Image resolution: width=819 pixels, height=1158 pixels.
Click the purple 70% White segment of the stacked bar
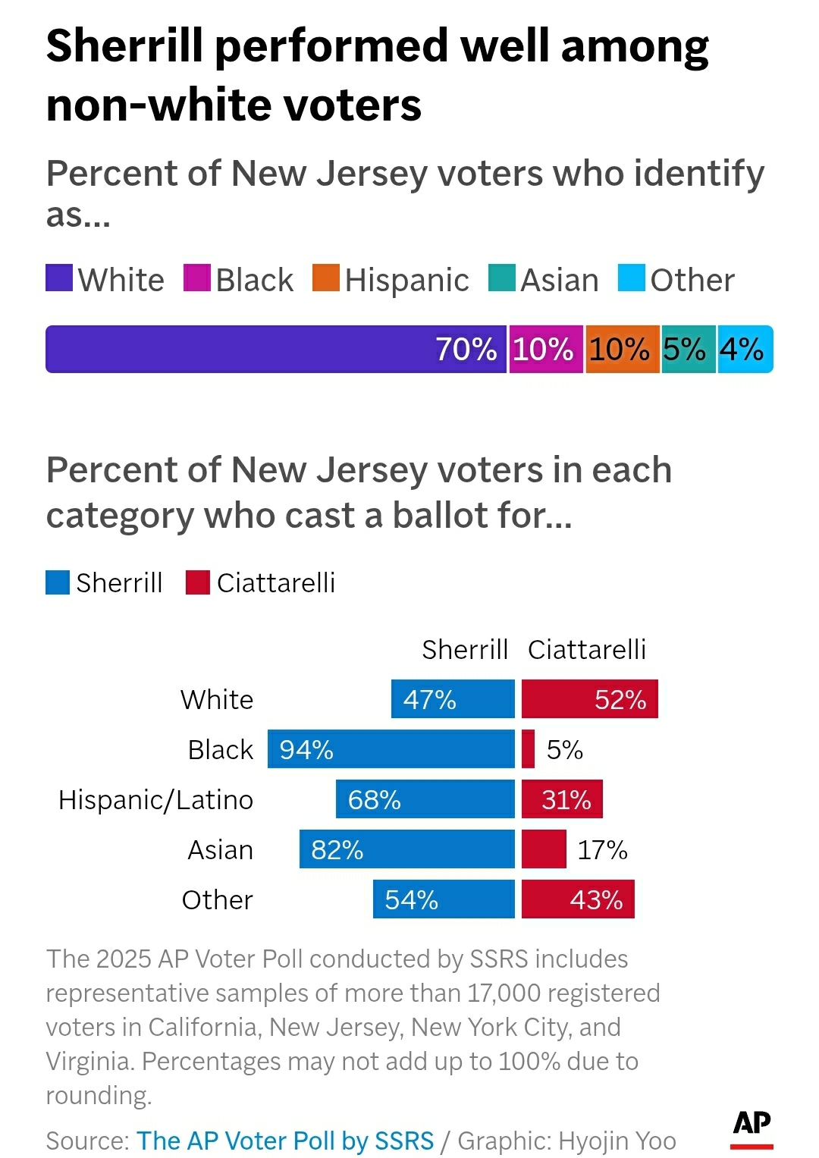pos(275,349)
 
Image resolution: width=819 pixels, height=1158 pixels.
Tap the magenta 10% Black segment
pos(545,349)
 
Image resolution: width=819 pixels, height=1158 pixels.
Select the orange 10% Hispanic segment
pos(622,349)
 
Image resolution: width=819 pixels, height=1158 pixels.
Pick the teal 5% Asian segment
pos(688,349)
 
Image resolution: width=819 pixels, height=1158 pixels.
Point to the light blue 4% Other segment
pos(745,349)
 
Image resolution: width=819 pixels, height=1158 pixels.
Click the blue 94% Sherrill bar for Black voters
pos(391,749)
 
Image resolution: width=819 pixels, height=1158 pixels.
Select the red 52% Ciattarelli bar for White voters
pos(589,698)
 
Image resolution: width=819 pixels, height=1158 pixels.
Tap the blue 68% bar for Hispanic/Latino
pos(425,799)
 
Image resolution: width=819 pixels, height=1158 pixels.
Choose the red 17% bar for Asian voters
pos(544,849)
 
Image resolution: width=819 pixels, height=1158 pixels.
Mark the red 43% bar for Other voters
pos(578,899)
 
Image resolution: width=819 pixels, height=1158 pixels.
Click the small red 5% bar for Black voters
pos(528,749)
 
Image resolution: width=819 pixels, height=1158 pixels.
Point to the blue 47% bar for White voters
pos(453,698)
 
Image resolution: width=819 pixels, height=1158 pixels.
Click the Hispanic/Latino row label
pos(155,800)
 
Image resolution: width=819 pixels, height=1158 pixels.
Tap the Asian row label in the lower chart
pos(220,850)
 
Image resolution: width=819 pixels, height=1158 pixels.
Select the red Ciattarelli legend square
pos(198,582)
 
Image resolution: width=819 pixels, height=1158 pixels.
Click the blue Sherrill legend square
pos(58,582)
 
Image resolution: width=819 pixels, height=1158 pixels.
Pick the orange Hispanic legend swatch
pos(325,278)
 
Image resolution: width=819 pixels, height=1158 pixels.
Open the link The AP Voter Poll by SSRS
pos(285,1141)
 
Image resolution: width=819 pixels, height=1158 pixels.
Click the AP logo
pos(752,1126)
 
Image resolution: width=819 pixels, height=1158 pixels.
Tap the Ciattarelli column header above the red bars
pos(587,650)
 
